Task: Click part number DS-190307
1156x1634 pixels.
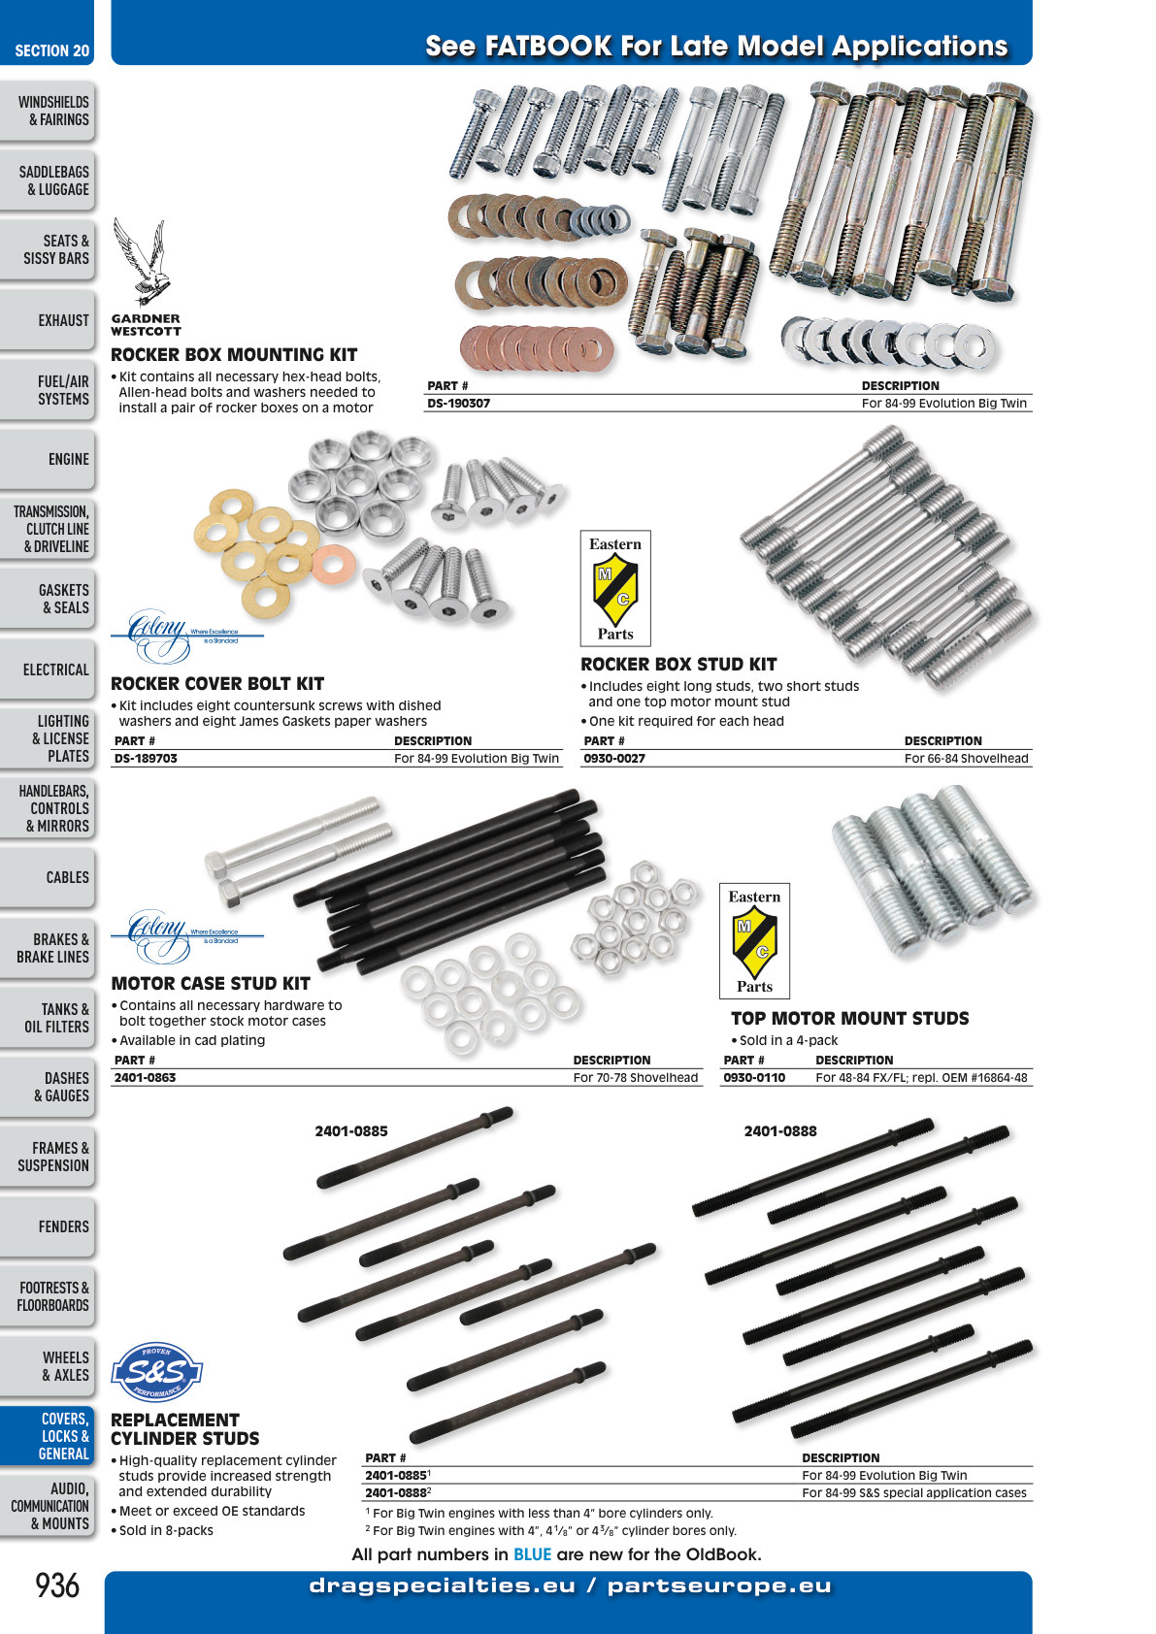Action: pyautogui.click(x=458, y=404)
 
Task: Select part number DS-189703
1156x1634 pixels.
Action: pyautogui.click(x=146, y=759)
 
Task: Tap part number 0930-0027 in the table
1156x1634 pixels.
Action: pyautogui.click(x=613, y=759)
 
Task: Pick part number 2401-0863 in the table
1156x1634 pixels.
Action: pyautogui.click(x=145, y=1077)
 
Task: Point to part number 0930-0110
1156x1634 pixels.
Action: pyautogui.click(x=754, y=1077)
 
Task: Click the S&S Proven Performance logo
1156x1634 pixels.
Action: pyautogui.click(x=156, y=1372)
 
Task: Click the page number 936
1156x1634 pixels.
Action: pyautogui.click(x=57, y=1585)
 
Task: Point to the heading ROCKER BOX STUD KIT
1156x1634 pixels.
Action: pyautogui.click(x=678, y=665)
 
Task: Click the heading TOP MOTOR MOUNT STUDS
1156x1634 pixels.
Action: pyautogui.click(x=849, y=1018)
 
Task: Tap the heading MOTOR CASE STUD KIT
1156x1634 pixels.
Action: pyautogui.click(x=211, y=983)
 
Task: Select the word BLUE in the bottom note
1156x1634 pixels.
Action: pyautogui.click(x=532, y=1554)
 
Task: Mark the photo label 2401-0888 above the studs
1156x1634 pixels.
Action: pyautogui.click(x=780, y=1131)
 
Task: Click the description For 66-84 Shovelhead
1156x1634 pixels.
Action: pyautogui.click(x=967, y=759)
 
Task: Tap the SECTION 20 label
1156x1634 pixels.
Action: pyautogui.click(x=51, y=51)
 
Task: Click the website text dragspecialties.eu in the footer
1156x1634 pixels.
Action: pyautogui.click(x=442, y=1585)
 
